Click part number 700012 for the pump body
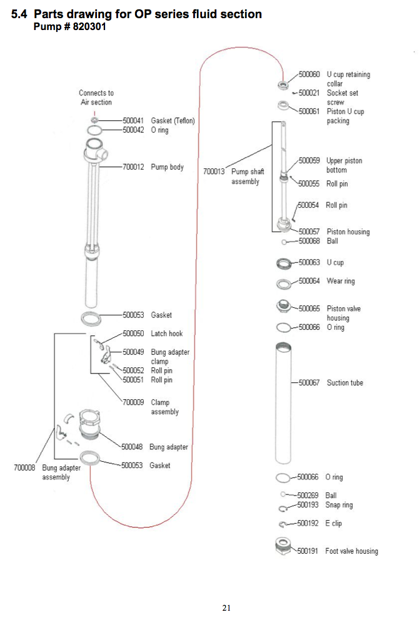[x=133, y=166]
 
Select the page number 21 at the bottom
[x=226, y=608]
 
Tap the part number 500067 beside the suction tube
[x=309, y=383]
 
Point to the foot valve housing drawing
[x=283, y=546]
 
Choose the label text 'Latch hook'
[x=167, y=334]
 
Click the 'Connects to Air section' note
[x=96, y=98]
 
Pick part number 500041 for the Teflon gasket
[x=133, y=120]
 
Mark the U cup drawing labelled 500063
[x=284, y=263]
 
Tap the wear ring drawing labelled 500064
[x=283, y=284]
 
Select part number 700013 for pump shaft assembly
[x=214, y=171]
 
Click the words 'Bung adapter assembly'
[x=61, y=472]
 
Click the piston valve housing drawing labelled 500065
[x=284, y=306]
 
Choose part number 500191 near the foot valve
[x=308, y=551]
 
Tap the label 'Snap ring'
[x=339, y=505]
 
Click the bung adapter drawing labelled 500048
[x=89, y=424]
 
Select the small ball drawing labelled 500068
[x=283, y=242]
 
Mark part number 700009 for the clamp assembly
[x=133, y=402]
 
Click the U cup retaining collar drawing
[x=283, y=84]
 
